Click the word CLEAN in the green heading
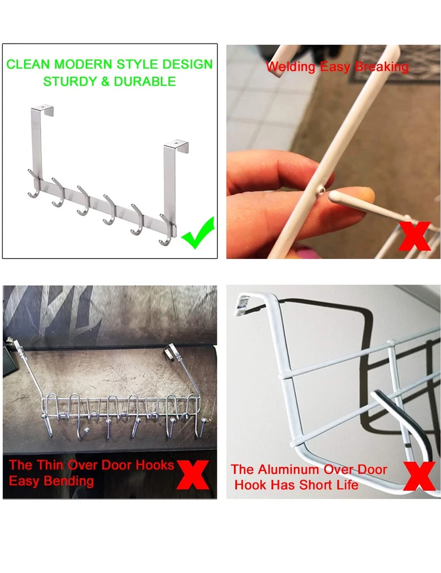[28, 64]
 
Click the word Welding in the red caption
[291, 67]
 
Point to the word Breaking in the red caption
[382, 67]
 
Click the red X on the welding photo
[415, 236]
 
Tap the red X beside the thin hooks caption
[193, 474]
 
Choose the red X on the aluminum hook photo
[419, 476]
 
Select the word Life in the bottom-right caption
[348, 485]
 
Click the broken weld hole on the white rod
[321, 190]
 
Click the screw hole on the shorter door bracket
[177, 143]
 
